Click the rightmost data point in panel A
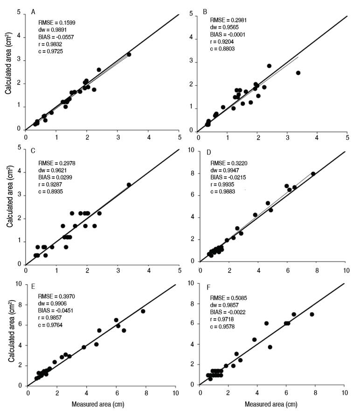[x=129, y=55]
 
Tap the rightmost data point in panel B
[x=298, y=73]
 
